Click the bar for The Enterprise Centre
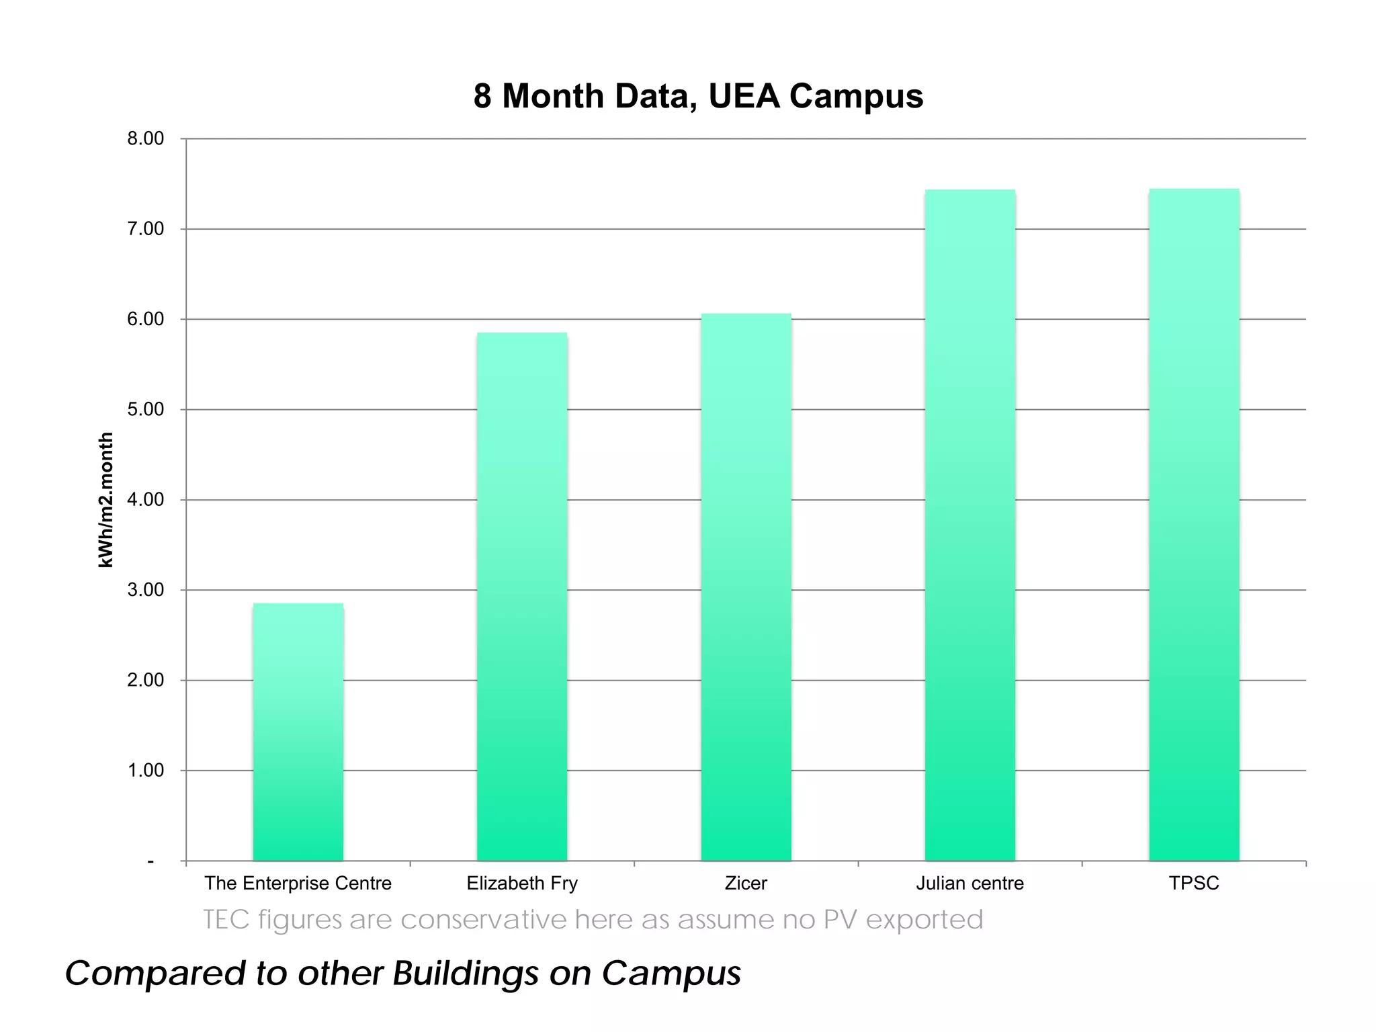298,732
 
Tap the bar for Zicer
746,587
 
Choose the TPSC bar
1194,525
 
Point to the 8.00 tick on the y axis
145,139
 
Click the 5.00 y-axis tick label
145,410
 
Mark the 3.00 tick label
145,590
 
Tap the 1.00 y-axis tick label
145,771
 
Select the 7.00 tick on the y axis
145,229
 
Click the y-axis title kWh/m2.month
105,500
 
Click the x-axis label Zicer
746,883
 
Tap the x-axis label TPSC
1194,883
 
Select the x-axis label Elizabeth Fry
522,883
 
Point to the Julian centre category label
970,883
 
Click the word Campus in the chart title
856,96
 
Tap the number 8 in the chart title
482,96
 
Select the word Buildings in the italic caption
466,974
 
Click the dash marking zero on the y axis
151,861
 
